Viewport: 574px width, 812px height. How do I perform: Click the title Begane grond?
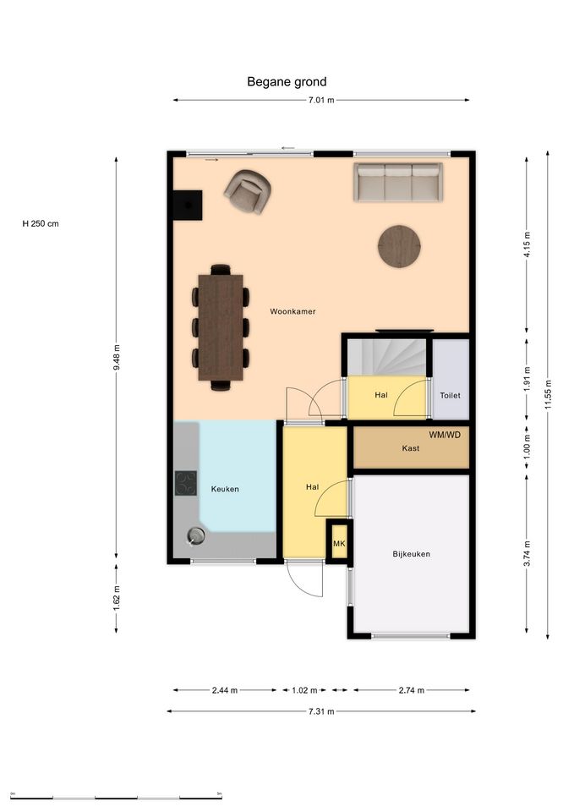(x=287, y=82)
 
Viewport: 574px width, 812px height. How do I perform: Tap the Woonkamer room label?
(x=292, y=312)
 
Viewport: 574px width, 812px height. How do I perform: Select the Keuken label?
(x=225, y=489)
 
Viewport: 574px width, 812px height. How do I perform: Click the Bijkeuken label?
(x=411, y=554)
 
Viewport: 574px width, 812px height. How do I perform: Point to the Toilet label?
(x=450, y=395)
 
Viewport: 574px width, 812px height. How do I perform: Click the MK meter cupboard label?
(x=339, y=544)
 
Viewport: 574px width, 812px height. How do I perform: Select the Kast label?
(x=411, y=448)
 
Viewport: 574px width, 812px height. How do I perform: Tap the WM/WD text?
(x=445, y=435)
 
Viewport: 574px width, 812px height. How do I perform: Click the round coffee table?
(x=399, y=246)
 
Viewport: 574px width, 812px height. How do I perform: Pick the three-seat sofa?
(x=398, y=182)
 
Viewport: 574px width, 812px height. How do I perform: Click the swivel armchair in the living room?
(x=248, y=192)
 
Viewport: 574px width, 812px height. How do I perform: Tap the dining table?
(x=221, y=327)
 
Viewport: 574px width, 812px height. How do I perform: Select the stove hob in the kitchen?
(x=186, y=483)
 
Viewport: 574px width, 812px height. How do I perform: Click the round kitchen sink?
(x=196, y=535)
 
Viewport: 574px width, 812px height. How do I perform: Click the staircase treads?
(x=386, y=357)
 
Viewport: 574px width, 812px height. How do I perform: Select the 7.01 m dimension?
(x=321, y=100)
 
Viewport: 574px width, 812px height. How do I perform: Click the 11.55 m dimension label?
(x=548, y=395)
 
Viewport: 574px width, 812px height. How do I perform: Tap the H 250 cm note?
(x=41, y=223)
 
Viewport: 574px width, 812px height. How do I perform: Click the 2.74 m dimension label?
(x=412, y=690)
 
